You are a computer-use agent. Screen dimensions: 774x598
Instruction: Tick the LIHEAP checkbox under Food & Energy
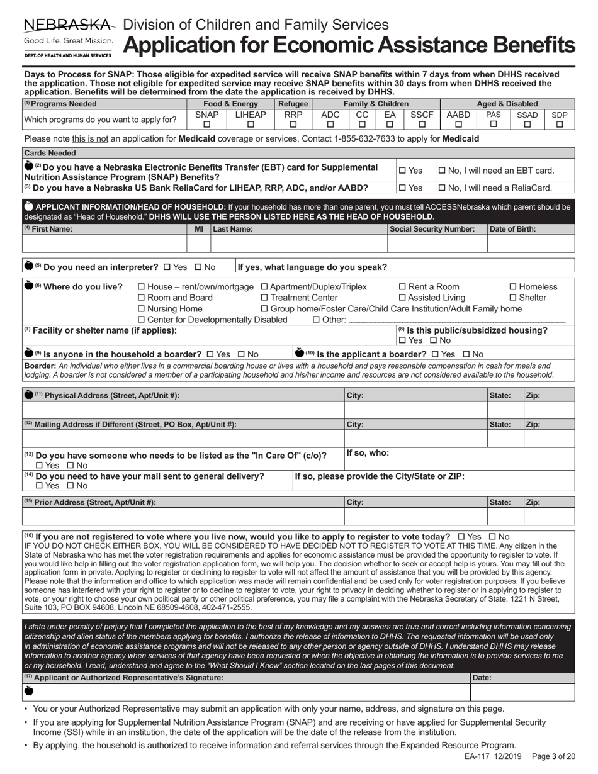pyautogui.click(x=251, y=125)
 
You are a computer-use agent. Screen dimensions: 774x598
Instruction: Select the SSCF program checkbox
pyautogui.click(x=422, y=125)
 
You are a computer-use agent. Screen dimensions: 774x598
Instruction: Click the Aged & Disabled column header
pyautogui.click(x=507, y=104)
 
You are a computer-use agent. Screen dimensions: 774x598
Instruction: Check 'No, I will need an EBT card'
pyautogui.click(x=442, y=171)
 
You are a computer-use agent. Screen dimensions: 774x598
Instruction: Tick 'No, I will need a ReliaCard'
pyautogui.click(x=442, y=188)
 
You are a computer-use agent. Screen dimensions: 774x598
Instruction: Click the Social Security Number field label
pyautogui.click(x=432, y=229)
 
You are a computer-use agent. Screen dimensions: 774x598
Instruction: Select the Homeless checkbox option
pyautogui.click(x=512, y=287)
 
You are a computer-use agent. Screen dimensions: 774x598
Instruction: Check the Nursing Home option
pyautogui.click(x=141, y=309)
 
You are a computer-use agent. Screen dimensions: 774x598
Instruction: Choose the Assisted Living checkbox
pyautogui.click(x=403, y=298)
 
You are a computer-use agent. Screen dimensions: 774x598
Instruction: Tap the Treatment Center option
pyautogui.click(x=264, y=298)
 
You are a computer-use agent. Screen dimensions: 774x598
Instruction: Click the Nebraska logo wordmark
pyautogui.click(x=69, y=25)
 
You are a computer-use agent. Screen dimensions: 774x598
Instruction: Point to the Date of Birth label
pyautogui.click(x=512, y=229)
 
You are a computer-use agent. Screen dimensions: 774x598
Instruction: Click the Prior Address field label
pyautogui.click(x=90, y=502)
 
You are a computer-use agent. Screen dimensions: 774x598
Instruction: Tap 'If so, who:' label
pyautogui.click(x=368, y=452)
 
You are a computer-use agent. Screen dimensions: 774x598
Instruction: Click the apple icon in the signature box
pyautogui.click(x=29, y=691)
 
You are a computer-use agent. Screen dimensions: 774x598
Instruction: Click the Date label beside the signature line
pyautogui.click(x=482, y=678)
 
